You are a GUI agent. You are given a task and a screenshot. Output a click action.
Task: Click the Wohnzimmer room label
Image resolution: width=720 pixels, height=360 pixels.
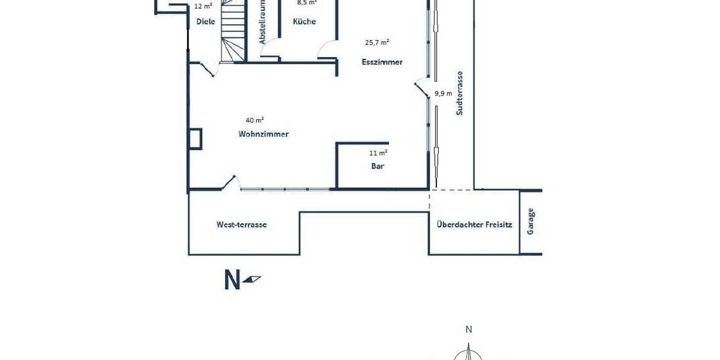pos(263,134)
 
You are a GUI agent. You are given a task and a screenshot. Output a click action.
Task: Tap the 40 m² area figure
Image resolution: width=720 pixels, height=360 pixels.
pos(255,119)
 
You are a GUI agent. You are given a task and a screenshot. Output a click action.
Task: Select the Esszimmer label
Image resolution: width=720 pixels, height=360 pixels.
pos(382,62)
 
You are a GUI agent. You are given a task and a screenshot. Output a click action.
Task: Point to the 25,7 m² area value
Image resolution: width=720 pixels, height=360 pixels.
pos(377,42)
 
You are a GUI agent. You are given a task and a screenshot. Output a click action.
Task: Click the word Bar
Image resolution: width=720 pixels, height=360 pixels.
pos(377,166)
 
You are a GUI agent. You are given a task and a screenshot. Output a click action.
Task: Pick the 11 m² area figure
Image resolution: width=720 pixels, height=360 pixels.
pos(377,153)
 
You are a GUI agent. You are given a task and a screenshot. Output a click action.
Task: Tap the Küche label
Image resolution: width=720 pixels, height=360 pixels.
pos(304,22)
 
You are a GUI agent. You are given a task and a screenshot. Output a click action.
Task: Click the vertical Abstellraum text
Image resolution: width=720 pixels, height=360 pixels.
pos(262,22)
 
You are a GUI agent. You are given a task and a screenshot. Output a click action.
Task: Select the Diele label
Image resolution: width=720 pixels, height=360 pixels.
pos(206,22)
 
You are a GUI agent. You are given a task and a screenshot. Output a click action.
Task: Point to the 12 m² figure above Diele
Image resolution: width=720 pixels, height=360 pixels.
pos(203,6)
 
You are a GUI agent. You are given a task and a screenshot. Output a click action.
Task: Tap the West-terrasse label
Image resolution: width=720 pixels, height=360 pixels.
pos(241,224)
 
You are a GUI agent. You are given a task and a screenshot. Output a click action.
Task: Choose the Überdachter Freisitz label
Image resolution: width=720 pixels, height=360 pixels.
pos(475,224)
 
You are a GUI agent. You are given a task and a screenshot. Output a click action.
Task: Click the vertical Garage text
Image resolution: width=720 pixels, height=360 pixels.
pos(530,221)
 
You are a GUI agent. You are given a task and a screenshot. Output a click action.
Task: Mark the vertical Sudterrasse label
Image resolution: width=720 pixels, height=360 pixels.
pos(460,93)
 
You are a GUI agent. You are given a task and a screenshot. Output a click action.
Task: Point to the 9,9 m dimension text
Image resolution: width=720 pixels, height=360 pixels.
pos(443,93)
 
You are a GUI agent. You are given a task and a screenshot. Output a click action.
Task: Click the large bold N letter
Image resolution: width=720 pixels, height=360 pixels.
pos(232,280)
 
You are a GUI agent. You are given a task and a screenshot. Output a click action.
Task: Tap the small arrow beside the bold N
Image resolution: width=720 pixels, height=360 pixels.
pos(253,278)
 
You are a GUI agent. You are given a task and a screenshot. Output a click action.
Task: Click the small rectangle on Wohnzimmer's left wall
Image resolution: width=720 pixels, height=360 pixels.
pos(196,139)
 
